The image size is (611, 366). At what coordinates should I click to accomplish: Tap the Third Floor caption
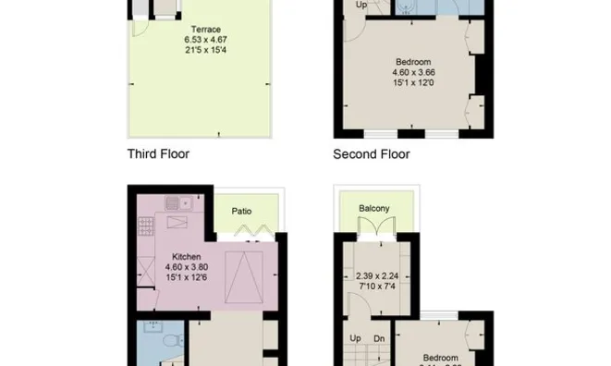pos(158,154)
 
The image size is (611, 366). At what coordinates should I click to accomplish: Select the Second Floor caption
pos(372,154)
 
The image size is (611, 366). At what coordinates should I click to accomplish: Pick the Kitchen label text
pos(188,258)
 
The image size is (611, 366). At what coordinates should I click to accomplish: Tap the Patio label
pos(242,211)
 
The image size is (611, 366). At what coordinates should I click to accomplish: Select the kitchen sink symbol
pos(175,201)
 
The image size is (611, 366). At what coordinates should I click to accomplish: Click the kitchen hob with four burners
pos(146,222)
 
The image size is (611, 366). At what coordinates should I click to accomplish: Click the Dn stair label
pos(379,337)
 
